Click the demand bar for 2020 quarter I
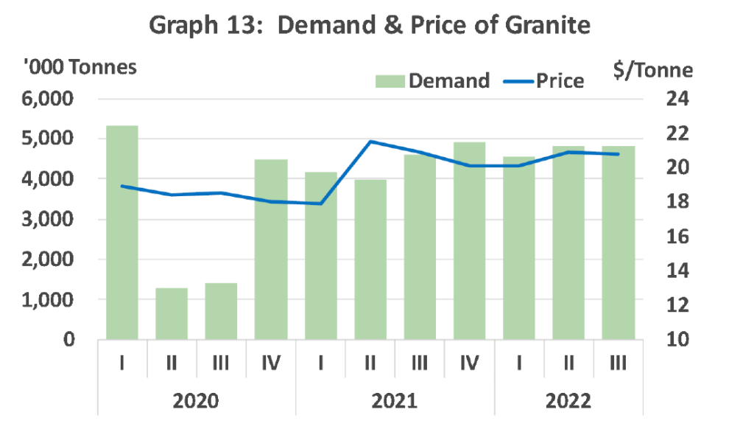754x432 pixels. coord(122,233)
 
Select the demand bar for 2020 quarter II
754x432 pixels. coord(172,313)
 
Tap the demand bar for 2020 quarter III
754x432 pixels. coord(221,311)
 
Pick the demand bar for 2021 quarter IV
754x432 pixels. coord(469,241)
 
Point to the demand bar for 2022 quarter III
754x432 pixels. coord(619,243)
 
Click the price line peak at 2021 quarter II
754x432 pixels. coord(370,142)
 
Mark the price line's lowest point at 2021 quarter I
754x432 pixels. coord(320,203)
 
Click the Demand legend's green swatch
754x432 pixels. coord(390,81)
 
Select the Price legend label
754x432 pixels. coord(560,81)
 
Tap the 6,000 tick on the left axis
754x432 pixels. coord(47,99)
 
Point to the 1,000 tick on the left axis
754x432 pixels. coord(47,299)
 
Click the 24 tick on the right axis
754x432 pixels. coord(677,99)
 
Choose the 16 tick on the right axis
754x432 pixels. coord(677,237)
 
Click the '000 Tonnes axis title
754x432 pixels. coord(80,67)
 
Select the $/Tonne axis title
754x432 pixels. coord(653,70)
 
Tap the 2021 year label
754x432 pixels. coord(395,401)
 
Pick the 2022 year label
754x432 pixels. coord(568,401)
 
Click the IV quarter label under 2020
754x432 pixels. coord(271,363)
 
